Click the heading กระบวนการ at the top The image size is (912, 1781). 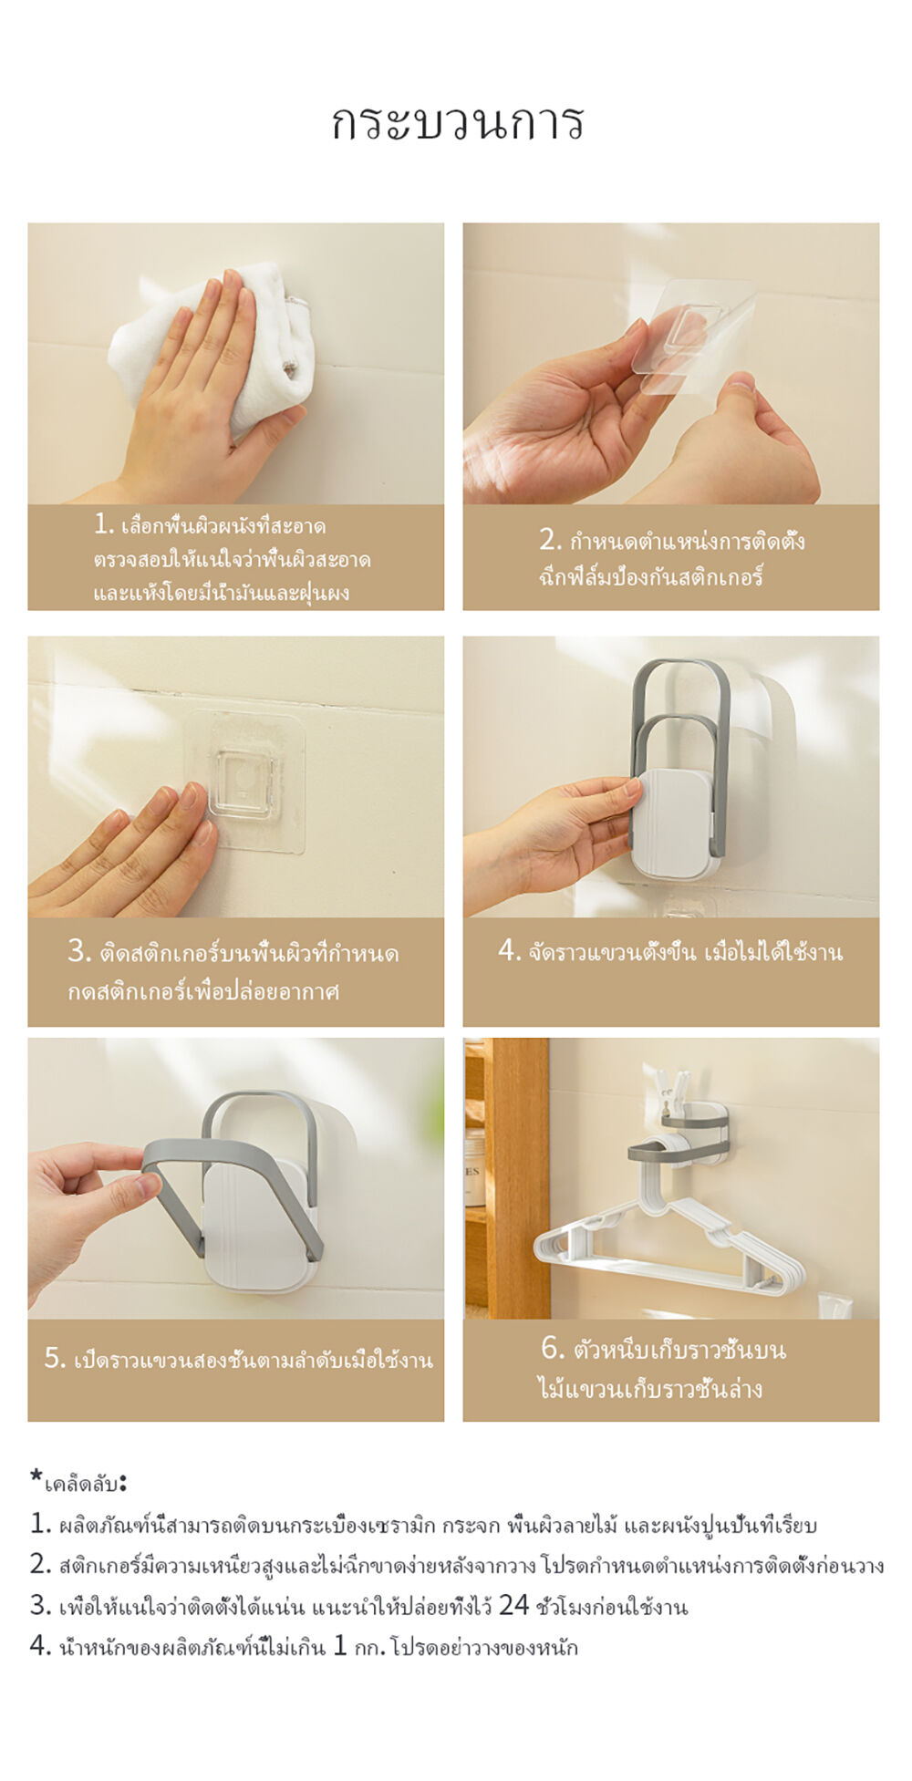[x=456, y=123]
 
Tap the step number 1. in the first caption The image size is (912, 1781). [x=104, y=523]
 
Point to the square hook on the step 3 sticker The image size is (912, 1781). [x=243, y=783]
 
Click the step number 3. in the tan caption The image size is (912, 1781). [x=79, y=950]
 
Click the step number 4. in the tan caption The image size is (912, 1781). [x=509, y=950]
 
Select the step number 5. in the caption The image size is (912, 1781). [x=55, y=1358]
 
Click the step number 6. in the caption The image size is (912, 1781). [x=553, y=1347]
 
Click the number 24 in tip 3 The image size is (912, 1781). [x=513, y=1605]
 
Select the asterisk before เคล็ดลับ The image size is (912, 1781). [x=36, y=1475]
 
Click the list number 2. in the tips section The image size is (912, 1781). [x=40, y=1565]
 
